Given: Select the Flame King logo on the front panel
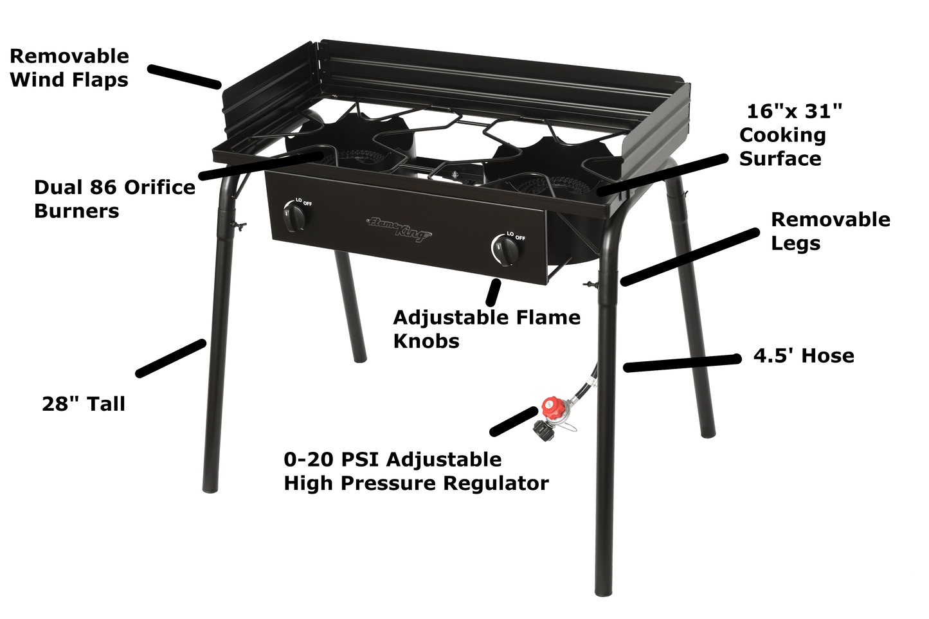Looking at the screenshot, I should tap(399, 228).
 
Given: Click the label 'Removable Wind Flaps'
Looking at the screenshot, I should tap(69, 68).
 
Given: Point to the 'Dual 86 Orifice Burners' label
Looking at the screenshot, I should tap(114, 199).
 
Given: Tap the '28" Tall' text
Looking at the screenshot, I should tap(84, 404).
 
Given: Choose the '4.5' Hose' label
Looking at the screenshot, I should tap(804, 356).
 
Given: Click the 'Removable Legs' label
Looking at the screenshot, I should tap(831, 231).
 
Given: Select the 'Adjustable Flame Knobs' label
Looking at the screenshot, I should tap(487, 329).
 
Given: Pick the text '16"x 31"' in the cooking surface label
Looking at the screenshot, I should tap(794, 111).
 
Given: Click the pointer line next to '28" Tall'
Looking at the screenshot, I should tap(171, 358).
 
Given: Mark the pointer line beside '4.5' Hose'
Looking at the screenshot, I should tap(682, 363).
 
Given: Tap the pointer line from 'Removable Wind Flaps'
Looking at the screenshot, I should tap(185, 76).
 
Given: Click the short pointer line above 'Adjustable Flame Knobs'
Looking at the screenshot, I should tap(493, 293).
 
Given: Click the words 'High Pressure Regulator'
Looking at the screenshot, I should tap(416, 483).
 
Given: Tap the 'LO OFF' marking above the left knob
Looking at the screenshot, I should tap(304, 202).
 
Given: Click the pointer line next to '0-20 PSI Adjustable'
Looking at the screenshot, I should tap(514, 422).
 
